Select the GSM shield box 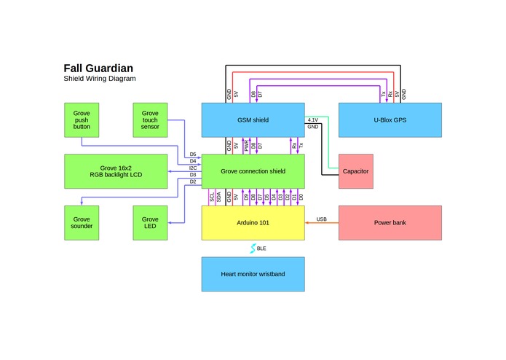click(252, 120)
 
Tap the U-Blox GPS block click(390, 120)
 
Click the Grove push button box click(82, 120)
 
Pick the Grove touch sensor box click(150, 120)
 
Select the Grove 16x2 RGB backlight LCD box click(116, 171)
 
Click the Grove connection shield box click(252, 171)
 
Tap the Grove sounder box click(82, 223)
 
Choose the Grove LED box click(150, 223)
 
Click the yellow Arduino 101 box click(252, 223)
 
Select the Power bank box click(390, 223)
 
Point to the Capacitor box click(355, 171)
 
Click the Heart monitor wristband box click(252, 275)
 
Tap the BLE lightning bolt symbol click(253, 249)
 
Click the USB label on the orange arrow click(321, 219)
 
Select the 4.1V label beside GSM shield click(313, 120)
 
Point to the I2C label click(192, 168)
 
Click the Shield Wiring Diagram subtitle click(99, 79)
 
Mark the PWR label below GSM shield click(247, 146)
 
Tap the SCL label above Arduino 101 click(212, 197)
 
